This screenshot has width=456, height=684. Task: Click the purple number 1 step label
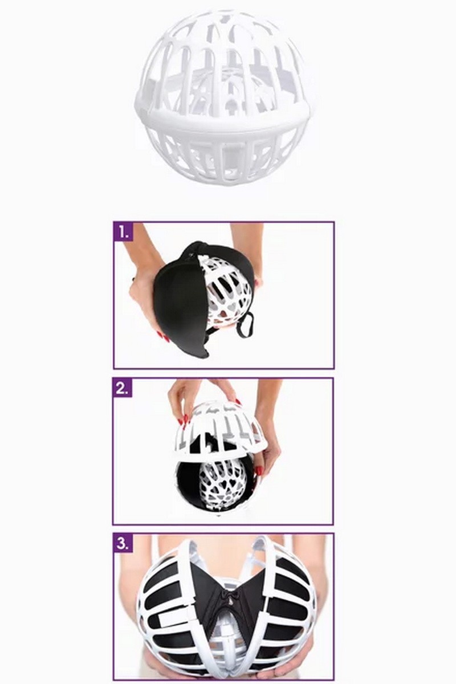coord(123,233)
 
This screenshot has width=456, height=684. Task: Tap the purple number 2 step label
coord(123,389)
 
